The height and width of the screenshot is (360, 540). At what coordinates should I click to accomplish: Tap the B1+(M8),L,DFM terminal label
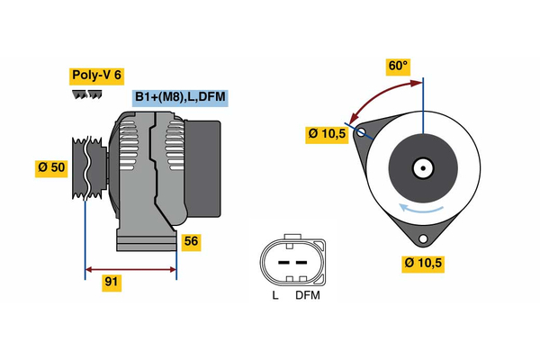click(177, 98)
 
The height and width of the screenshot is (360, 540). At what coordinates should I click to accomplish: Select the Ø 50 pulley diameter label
click(52, 168)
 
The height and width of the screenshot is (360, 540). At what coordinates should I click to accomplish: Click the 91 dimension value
click(112, 282)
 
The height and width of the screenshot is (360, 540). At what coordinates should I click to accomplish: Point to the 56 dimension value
click(191, 240)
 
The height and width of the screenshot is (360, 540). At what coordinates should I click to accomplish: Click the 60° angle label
click(398, 67)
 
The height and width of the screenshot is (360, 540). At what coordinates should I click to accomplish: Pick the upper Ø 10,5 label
click(327, 134)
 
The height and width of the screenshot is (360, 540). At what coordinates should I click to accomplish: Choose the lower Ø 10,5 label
click(424, 263)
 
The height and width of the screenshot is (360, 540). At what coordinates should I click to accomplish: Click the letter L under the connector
click(274, 295)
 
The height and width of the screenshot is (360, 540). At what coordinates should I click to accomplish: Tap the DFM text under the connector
click(307, 295)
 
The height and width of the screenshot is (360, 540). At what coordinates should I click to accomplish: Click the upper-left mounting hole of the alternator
click(362, 132)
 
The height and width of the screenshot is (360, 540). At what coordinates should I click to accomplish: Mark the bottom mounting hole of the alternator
click(423, 239)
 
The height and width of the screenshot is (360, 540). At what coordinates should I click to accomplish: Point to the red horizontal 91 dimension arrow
click(130, 268)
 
